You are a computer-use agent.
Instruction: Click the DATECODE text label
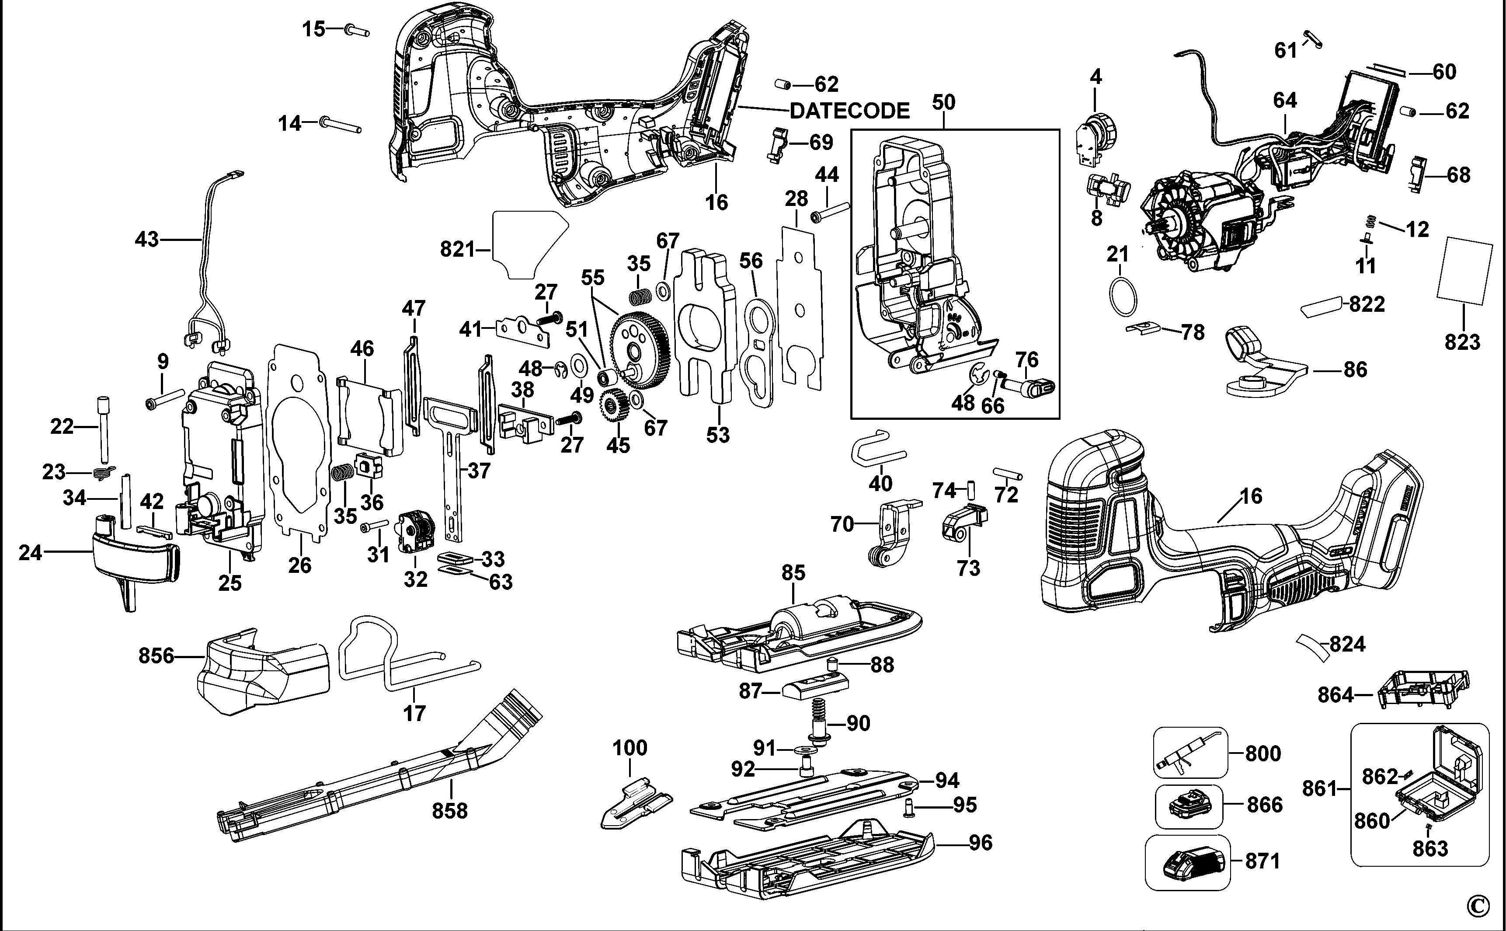pyautogui.click(x=849, y=111)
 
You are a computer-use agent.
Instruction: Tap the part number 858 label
pyautogui.click(x=449, y=811)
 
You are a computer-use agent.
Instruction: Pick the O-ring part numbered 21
pyautogui.click(x=1122, y=296)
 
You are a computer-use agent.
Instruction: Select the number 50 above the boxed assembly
pyautogui.click(x=943, y=102)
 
